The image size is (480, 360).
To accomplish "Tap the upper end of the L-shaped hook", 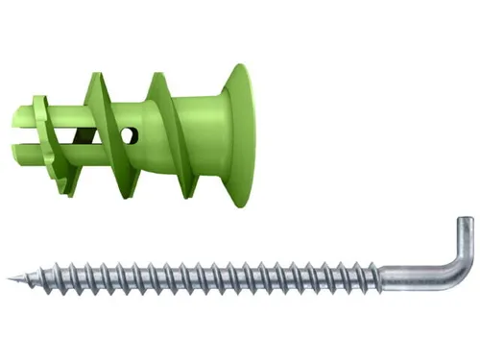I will pyautogui.click(x=464, y=223).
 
